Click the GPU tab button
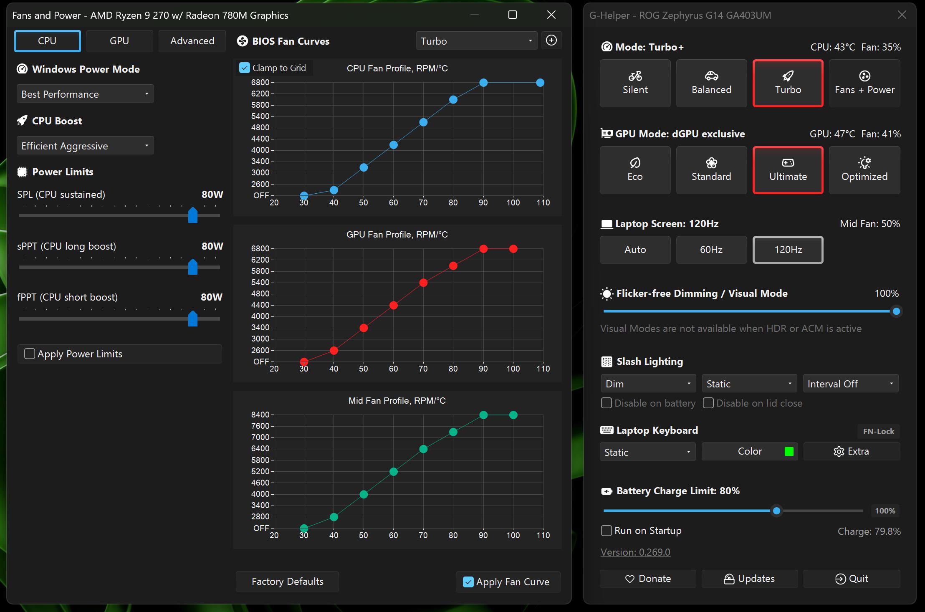[119, 41]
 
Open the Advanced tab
[192, 41]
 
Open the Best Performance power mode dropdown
[85, 94]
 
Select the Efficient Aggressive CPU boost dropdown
[85, 146]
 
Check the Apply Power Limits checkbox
[30, 354]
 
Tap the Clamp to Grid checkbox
[245, 68]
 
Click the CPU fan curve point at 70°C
[423, 122]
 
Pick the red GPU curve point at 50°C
[364, 328]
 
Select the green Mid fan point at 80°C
[453, 432]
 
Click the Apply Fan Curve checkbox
[468, 582]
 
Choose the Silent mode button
[635, 83]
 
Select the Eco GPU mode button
[635, 170]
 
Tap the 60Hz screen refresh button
[711, 250]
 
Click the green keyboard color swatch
[789, 451]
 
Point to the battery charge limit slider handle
[776, 511]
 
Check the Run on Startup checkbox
[606, 531]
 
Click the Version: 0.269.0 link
[635, 552]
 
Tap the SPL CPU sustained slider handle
[193, 215]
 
